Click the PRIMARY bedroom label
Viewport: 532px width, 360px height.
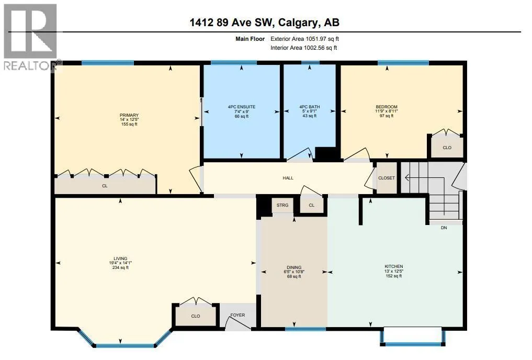coord(129,115)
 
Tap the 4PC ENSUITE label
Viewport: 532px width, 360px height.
coord(242,107)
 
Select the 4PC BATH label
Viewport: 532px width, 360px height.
coord(310,107)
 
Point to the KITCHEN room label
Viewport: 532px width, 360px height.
coord(393,267)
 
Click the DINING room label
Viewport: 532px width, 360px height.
coord(294,267)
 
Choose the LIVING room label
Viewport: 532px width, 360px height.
coord(120,258)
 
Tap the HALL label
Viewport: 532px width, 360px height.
coord(288,178)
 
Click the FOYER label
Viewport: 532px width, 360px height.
coord(237,315)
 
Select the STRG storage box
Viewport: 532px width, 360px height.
coord(282,205)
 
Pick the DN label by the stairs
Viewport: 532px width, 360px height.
coord(444,228)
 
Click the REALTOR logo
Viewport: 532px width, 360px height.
coord(30,37)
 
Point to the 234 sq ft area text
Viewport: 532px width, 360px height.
coord(120,267)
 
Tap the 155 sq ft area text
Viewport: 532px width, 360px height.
coord(129,124)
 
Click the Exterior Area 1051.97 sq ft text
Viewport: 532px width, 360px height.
coord(304,39)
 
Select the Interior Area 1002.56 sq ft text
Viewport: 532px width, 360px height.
coord(303,48)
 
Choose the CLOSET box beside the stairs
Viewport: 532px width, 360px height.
coord(387,178)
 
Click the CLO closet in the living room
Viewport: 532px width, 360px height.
coord(196,316)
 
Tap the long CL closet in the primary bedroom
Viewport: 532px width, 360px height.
coord(105,185)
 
